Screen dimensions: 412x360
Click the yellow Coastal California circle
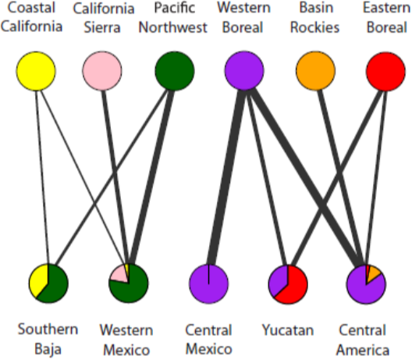(36, 71)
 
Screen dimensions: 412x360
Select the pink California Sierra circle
(102, 71)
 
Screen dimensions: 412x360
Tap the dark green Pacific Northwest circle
(175, 71)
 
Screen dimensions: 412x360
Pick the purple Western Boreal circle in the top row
(244, 71)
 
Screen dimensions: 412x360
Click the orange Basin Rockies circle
(315, 71)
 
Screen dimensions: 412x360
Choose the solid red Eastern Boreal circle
(385, 72)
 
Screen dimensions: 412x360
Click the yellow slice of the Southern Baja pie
(39, 281)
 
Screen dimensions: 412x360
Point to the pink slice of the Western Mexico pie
(119, 275)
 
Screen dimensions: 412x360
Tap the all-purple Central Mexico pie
(209, 284)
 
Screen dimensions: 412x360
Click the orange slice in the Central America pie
(373, 275)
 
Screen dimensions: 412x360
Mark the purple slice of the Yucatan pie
(279, 281)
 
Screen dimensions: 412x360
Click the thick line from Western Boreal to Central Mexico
(226, 176)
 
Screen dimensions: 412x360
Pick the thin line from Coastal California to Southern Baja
(42, 176)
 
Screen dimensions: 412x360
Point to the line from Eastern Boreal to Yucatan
(336, 177)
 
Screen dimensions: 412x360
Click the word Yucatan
(288, 330)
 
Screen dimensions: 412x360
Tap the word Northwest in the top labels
(173, 27)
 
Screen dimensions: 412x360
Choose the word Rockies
(314, 27)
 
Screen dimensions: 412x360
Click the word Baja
(48, 350)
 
